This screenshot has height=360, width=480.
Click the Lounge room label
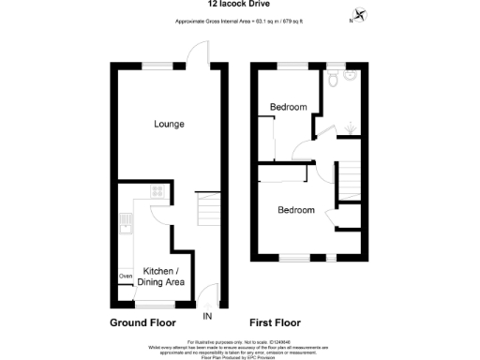point(169,124)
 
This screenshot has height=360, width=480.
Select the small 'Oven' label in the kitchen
point(125,276)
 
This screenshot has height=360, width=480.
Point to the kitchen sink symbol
point(125,225)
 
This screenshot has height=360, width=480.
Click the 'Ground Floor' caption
point(142,322)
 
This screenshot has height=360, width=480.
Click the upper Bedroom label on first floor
point(288,107)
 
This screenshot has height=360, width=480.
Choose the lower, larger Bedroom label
point(295,210)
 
